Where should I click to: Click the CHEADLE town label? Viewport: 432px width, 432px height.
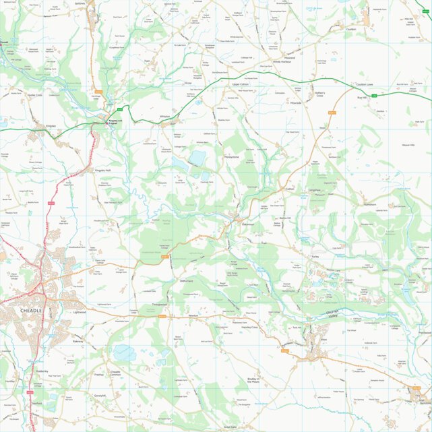tap(32, 310)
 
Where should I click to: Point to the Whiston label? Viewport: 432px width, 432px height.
tap(165, 117)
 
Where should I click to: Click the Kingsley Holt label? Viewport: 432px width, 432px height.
tap(102, 171)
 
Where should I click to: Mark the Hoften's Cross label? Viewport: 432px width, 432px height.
tap(319, 94)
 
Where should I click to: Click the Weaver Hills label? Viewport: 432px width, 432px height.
tap(408, 145)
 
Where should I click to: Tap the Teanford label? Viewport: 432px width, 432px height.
tap(36, 403)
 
